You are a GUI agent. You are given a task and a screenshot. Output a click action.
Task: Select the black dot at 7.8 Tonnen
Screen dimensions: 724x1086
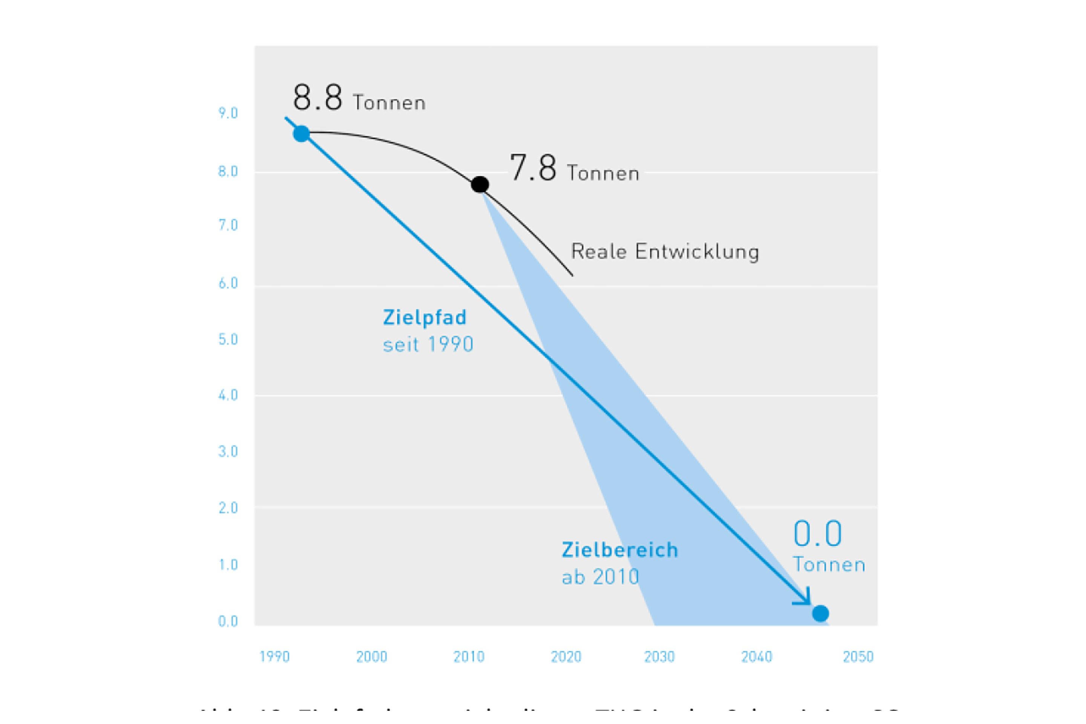coord(480,185)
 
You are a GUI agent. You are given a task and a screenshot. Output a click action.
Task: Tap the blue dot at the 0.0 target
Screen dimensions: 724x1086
coord(820,614)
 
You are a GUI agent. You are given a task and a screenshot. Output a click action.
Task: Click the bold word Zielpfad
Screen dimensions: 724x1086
coord(424,318)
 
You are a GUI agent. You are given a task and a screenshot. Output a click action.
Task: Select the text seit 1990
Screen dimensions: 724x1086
coord(428,344)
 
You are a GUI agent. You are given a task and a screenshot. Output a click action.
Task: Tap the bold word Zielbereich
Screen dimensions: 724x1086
coord(620,550)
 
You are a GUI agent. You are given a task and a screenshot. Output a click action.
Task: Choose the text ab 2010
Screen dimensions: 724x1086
coord(600,577)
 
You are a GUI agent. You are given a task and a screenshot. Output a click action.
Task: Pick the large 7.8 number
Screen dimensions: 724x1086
coord(533,167)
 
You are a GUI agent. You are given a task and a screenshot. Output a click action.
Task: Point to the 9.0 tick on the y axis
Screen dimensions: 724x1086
coord(228,113)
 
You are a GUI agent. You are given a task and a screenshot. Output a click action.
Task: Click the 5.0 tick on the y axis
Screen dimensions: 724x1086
coord(228,339)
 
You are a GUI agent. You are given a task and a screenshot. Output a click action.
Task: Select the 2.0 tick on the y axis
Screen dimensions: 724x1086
coord(228,508)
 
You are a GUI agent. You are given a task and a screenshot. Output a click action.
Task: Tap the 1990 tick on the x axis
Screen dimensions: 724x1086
coord(274,657)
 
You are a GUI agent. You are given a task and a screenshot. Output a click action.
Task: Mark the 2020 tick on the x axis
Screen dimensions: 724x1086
coord(566,657)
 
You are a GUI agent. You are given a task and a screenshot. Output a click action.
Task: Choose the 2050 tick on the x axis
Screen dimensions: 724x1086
coord(858,657)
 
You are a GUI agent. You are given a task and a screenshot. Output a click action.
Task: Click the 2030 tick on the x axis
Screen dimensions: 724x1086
coord(660,657)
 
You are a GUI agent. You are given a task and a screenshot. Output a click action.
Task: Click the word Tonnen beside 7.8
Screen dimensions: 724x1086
coord(603,173)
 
